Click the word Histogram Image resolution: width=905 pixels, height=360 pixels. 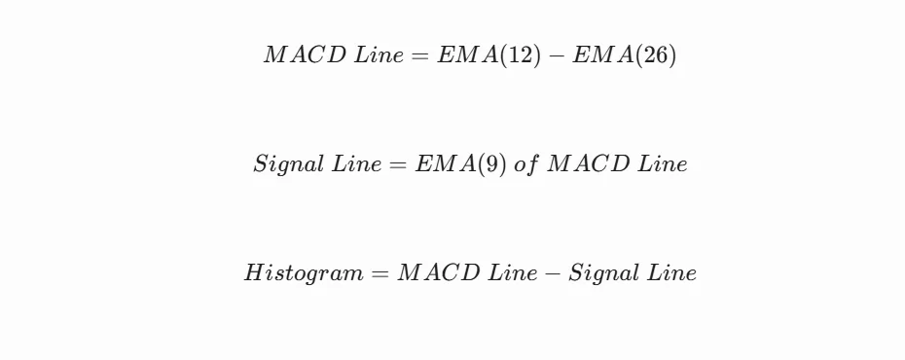[304, 273]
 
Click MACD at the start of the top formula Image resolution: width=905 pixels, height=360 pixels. [305, 55]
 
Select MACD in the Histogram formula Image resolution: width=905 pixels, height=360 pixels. [439, 273]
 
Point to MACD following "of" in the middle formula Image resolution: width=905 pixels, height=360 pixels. [589, 164]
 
